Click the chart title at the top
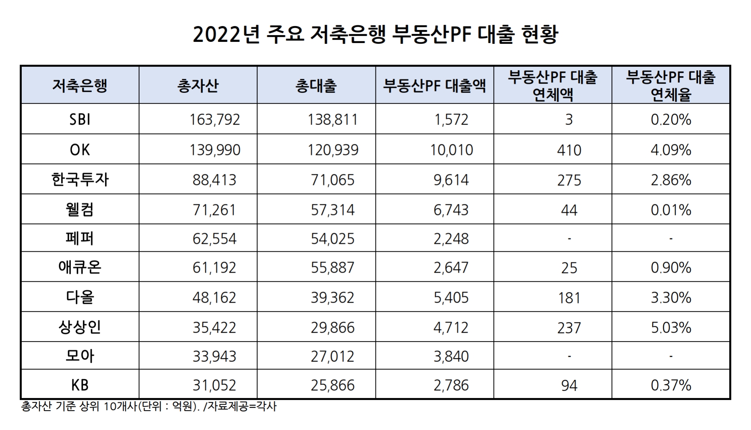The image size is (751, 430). click(375, 35)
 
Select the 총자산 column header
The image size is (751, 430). click(198, 86)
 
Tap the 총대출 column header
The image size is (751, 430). click(316, 86)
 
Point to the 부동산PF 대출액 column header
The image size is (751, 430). click(434, 86)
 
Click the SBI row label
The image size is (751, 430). click(80, 119)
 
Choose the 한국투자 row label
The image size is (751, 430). click(80, 180)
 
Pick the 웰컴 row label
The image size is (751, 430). click(80, 209)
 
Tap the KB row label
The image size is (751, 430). click(80, 385)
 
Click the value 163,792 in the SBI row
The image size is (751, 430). click(215, 119)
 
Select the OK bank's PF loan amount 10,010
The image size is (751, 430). click(451, 150)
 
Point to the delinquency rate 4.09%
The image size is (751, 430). click(671, 150)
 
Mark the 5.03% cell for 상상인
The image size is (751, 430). click(671, 327)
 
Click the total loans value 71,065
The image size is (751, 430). click(332, 180)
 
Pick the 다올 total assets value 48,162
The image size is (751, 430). click(214, 297)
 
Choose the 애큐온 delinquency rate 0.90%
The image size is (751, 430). click(671, 268)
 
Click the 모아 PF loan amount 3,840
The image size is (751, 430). click(451, 356)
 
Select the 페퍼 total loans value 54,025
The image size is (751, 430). click(332, 238)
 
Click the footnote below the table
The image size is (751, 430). click(149, 406)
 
